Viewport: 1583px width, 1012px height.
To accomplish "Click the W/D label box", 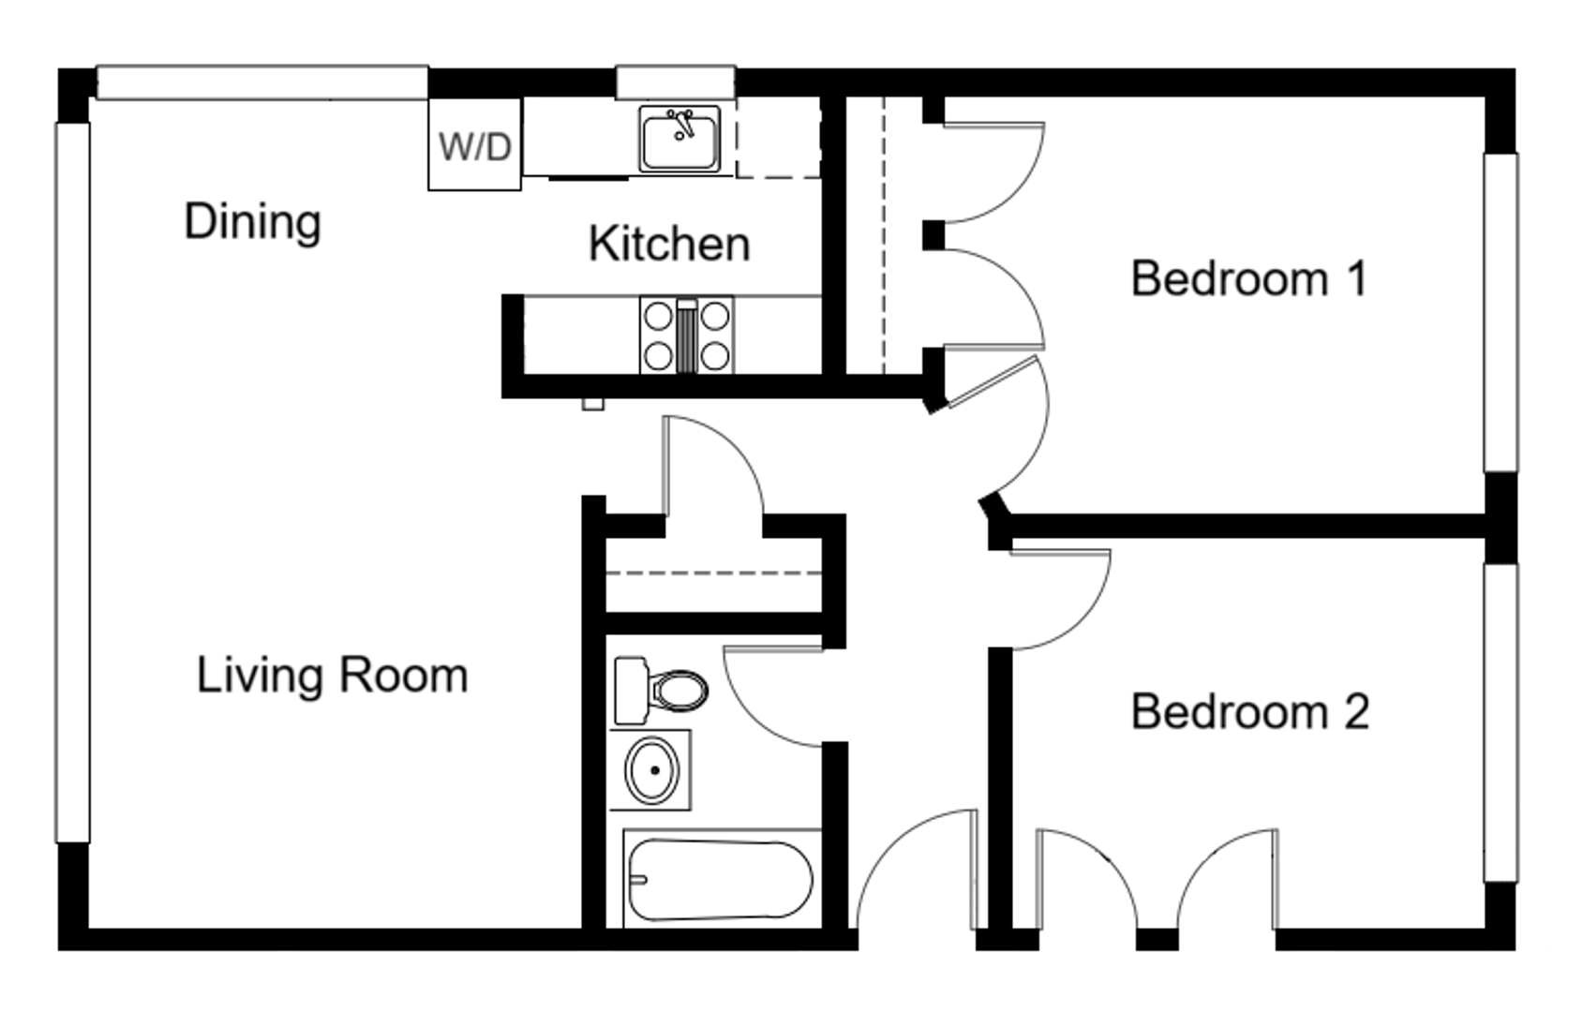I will click(x=474, y=145).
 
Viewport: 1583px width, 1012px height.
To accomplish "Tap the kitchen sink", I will click(x=680, y=140).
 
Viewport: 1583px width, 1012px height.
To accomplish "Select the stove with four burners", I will click(x=686, y=335).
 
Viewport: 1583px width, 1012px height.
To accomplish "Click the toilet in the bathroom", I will click(x=660, y=691).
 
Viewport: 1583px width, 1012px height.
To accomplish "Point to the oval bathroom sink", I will click(x=651, y=770).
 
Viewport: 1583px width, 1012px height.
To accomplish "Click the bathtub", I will click(x=720, y=878).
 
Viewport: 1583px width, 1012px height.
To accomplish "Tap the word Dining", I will click(x=252, y=222).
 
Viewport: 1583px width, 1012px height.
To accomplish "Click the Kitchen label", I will click(x=669, y=244).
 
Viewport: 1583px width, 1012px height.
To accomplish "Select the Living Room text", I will click(x=332, y=675).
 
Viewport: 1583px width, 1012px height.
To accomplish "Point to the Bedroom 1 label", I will click(x=1248, y=278).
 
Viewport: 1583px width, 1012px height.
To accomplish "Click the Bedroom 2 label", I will click(x=1249, y=711).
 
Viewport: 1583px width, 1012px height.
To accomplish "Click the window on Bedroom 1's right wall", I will click(x=1501, y=312).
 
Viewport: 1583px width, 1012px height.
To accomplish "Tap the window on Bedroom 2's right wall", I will click(x=1501, y=722).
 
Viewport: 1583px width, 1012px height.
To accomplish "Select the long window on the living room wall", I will click(x=72, y=483).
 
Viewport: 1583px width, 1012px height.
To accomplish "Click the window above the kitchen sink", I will click(x=675, y=82).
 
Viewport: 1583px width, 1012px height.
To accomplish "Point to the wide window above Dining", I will click(x=262, y=82).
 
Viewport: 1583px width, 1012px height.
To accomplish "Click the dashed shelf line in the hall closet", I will click(x=712, y=573).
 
